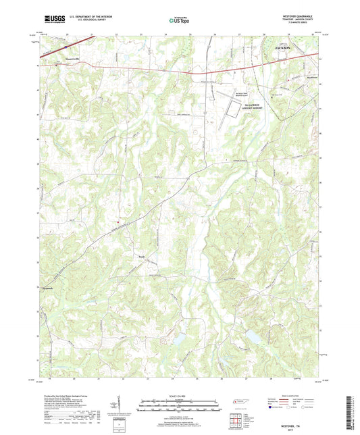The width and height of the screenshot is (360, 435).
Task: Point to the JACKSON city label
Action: pos(284,49)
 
